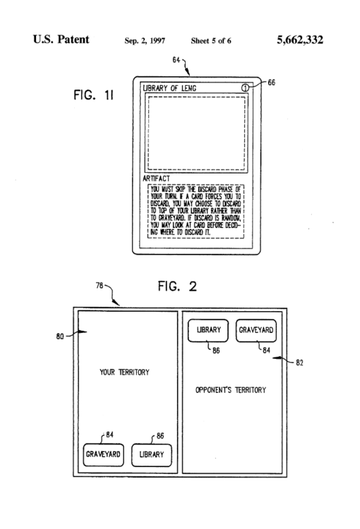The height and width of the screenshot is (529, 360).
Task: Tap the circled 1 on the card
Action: pyautogui.click(x=244, y=88)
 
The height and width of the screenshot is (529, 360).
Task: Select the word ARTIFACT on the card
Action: pyautogui.click(x=155, y=179)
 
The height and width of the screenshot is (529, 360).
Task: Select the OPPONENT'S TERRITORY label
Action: pyautogui.click(x=229, y=389)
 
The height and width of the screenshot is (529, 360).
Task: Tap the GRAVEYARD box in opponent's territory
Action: pyautogui.click(x=256, y=329)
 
